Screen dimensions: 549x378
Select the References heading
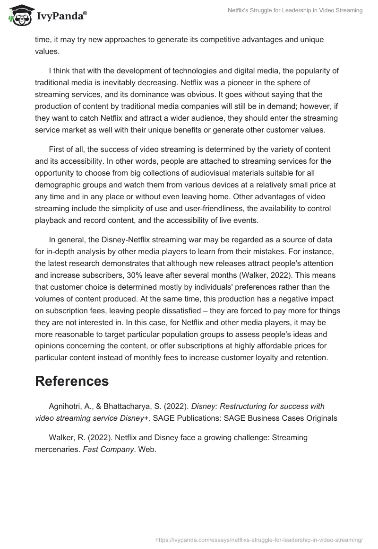click(x=72, y=381)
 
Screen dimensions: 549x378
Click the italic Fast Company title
click(x=108, y=450)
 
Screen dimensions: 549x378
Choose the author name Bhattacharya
click(x=134, y=406)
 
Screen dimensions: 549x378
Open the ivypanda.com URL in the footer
click(x=258, y=539)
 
